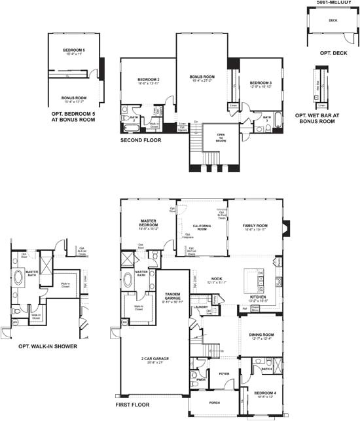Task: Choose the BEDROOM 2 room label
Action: click(149, 80)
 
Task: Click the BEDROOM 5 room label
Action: click(74, 50)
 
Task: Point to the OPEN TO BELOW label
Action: click(211, 136)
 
